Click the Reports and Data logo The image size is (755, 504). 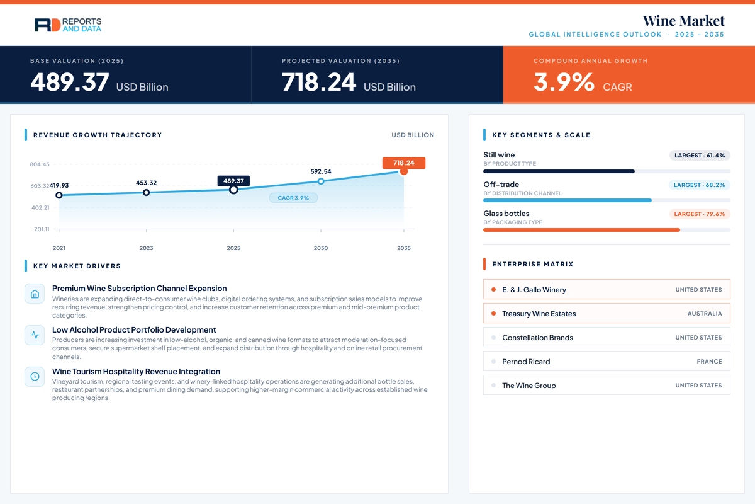tap(68, 25)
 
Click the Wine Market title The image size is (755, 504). tap(683, 21)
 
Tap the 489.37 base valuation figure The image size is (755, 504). tap(70, 82)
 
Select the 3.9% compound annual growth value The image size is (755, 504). tap(564, 82)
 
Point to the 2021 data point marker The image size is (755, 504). tap(59, 195)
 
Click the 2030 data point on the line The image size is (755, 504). tap(321, 181)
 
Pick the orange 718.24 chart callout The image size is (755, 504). tap(404, 163)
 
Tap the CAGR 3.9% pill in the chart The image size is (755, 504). tap(293, 198)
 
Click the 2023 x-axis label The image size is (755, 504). tap(146, 248)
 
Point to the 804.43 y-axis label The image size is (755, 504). tap(40, 164)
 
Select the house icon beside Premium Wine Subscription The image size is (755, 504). tap(35, 294)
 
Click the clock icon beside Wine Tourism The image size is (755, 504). tap(35, 376)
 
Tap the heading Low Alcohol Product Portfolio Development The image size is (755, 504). tap(134, 330)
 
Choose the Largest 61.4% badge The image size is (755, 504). tap(700, 155)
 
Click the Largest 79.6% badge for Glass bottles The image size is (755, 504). tap(700, 214)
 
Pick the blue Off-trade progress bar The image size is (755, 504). tap(568, 200)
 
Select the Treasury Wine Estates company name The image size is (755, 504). tap(539, 314)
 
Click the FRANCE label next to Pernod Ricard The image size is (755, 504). tap(710, 362)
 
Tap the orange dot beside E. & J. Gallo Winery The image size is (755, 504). tap(493, 289)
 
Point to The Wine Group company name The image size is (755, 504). tap(529, 386)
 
